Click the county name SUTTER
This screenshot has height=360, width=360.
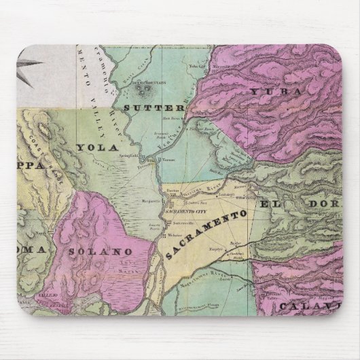(154, 107)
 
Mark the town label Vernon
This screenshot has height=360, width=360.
(170, 160)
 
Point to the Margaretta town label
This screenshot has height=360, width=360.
(150, 201)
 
